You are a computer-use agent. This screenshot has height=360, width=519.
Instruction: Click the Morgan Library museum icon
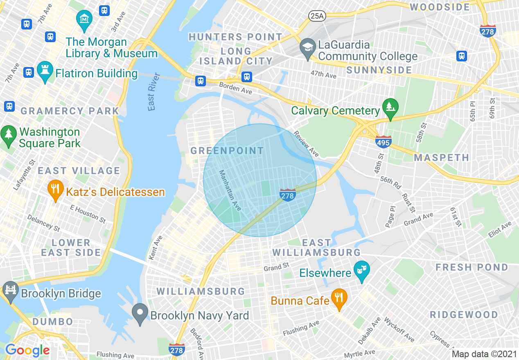84,19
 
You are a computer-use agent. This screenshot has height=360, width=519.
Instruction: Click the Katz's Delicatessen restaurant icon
55,189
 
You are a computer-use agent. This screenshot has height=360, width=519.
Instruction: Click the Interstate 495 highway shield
383,142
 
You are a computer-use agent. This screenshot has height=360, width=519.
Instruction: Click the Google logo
27,350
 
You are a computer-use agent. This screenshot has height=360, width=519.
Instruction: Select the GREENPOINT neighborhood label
228,151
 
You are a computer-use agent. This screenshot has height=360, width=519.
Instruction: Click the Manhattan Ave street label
230,190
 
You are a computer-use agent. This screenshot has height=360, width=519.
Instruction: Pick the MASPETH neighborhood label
442,157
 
